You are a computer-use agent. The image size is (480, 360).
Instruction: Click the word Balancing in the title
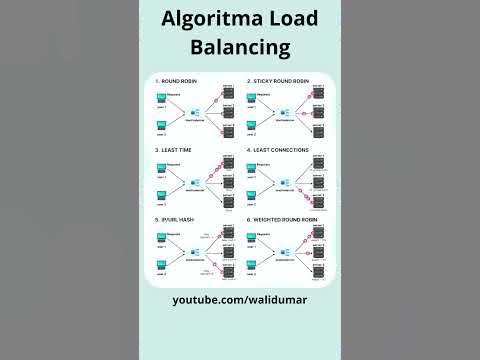[240, 46]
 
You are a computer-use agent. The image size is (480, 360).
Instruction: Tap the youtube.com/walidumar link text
[240, 299]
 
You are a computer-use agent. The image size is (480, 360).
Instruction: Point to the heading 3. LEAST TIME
[173, 150]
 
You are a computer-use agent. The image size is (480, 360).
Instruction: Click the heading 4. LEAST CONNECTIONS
[277, 150]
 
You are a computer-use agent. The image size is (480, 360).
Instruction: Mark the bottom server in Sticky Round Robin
[319, 131]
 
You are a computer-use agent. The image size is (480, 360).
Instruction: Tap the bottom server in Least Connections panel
[319, 200]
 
